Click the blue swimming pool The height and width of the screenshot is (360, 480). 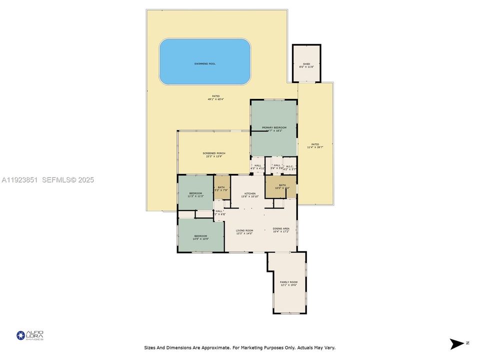[x=205, y=62]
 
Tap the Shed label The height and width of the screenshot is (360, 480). [x=306, y=64]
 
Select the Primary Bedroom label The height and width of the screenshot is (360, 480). [x=274, y=128]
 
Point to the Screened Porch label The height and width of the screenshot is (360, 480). [x=214, y=153]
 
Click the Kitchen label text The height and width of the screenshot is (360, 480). [x=250, y=193]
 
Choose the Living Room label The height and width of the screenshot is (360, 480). [x=244, y=230]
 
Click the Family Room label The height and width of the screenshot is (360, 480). [x=288, y=282]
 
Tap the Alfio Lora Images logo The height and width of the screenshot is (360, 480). [x=30, y=335]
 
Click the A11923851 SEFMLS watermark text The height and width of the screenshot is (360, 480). [x=48, y=180]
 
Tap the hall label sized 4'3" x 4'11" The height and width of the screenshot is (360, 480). [x=257, y=167]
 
